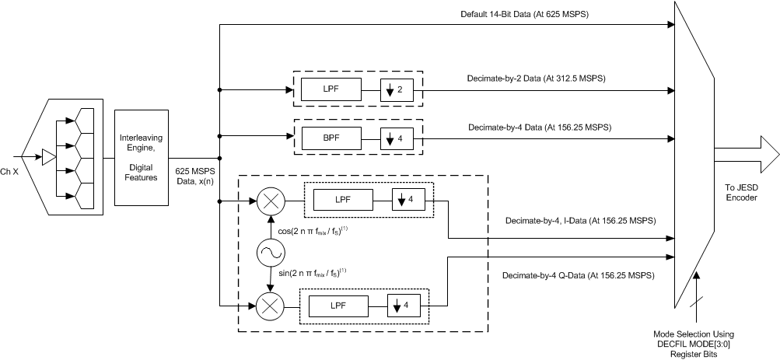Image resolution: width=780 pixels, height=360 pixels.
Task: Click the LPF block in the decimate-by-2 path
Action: coord(331,90)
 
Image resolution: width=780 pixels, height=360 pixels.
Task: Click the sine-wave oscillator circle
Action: coord(270,254)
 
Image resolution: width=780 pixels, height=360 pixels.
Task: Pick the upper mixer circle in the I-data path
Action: coord(270,203)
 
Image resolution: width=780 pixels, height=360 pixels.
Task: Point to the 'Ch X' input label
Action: coord(11,171)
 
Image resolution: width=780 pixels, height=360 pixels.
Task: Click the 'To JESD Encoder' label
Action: coord(740,192)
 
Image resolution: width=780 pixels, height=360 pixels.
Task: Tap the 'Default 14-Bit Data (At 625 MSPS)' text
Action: coord(527,15)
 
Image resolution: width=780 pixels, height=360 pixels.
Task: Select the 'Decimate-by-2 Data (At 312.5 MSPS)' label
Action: coord(525,79)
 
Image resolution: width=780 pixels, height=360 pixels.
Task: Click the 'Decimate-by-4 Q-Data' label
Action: coord(577,275)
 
